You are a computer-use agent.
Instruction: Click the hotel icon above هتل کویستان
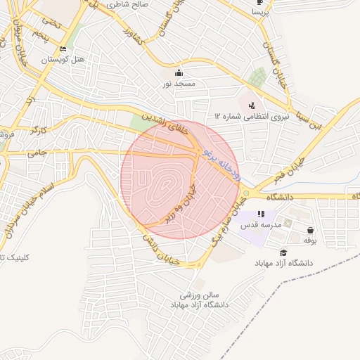tap(63, 49)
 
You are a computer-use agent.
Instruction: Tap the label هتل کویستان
tap(63, 60)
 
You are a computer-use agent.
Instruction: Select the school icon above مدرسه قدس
tap(261, 214)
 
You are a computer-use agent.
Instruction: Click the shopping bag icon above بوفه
tap(310, 230)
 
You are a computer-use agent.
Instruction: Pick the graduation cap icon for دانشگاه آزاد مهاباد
tap(283, 252)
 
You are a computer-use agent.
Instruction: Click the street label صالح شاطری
tap(128, 4)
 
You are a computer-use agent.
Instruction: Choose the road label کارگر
tap(39, 130)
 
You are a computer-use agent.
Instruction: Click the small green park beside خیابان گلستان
tap(258, 76)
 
